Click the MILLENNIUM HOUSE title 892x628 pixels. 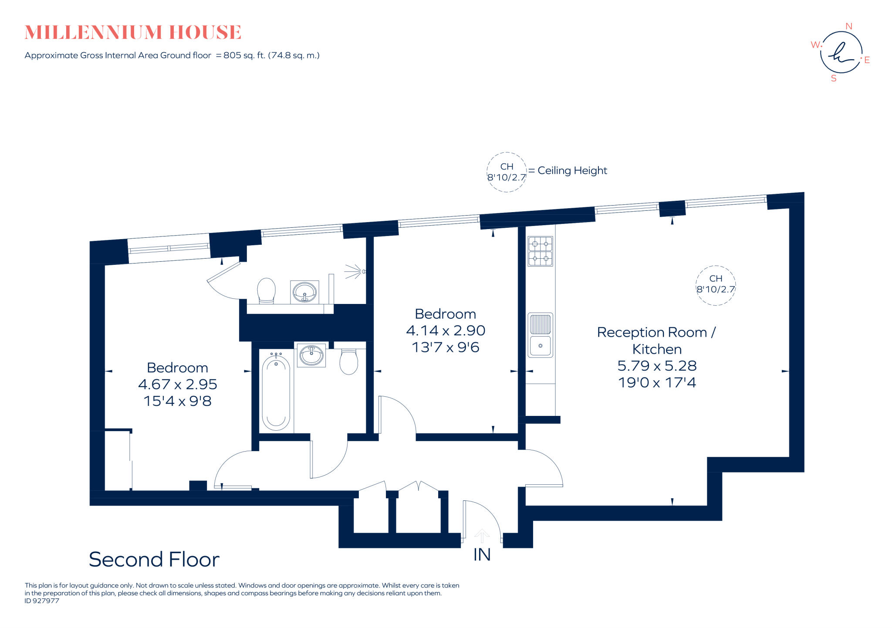click(x=133, y=33)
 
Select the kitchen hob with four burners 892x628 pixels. click(x=540, y=251)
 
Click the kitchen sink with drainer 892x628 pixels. click(x=540, y=335)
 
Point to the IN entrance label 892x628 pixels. click(x=482, y=555)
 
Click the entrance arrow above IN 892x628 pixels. click(x=482, y=536)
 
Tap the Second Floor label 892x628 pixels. click(x=154, y=560)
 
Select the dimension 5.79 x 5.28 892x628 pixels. click(x=657, y=366)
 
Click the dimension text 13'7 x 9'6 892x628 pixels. click(x=445, y=348)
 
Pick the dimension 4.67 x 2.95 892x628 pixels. click(x=177, y=385)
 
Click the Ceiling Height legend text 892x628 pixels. click(x=572, y=171)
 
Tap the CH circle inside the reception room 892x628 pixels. click(x=716, y=285)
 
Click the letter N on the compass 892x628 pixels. click(x=848, y=27)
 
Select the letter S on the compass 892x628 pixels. click(x=833, y=78)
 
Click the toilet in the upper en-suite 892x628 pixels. click(x=266, y=290)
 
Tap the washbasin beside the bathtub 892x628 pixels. click(x=311, y=355)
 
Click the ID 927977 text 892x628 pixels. click(x=42, y=601)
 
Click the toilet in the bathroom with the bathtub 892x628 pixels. click(x=348, y=361)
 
